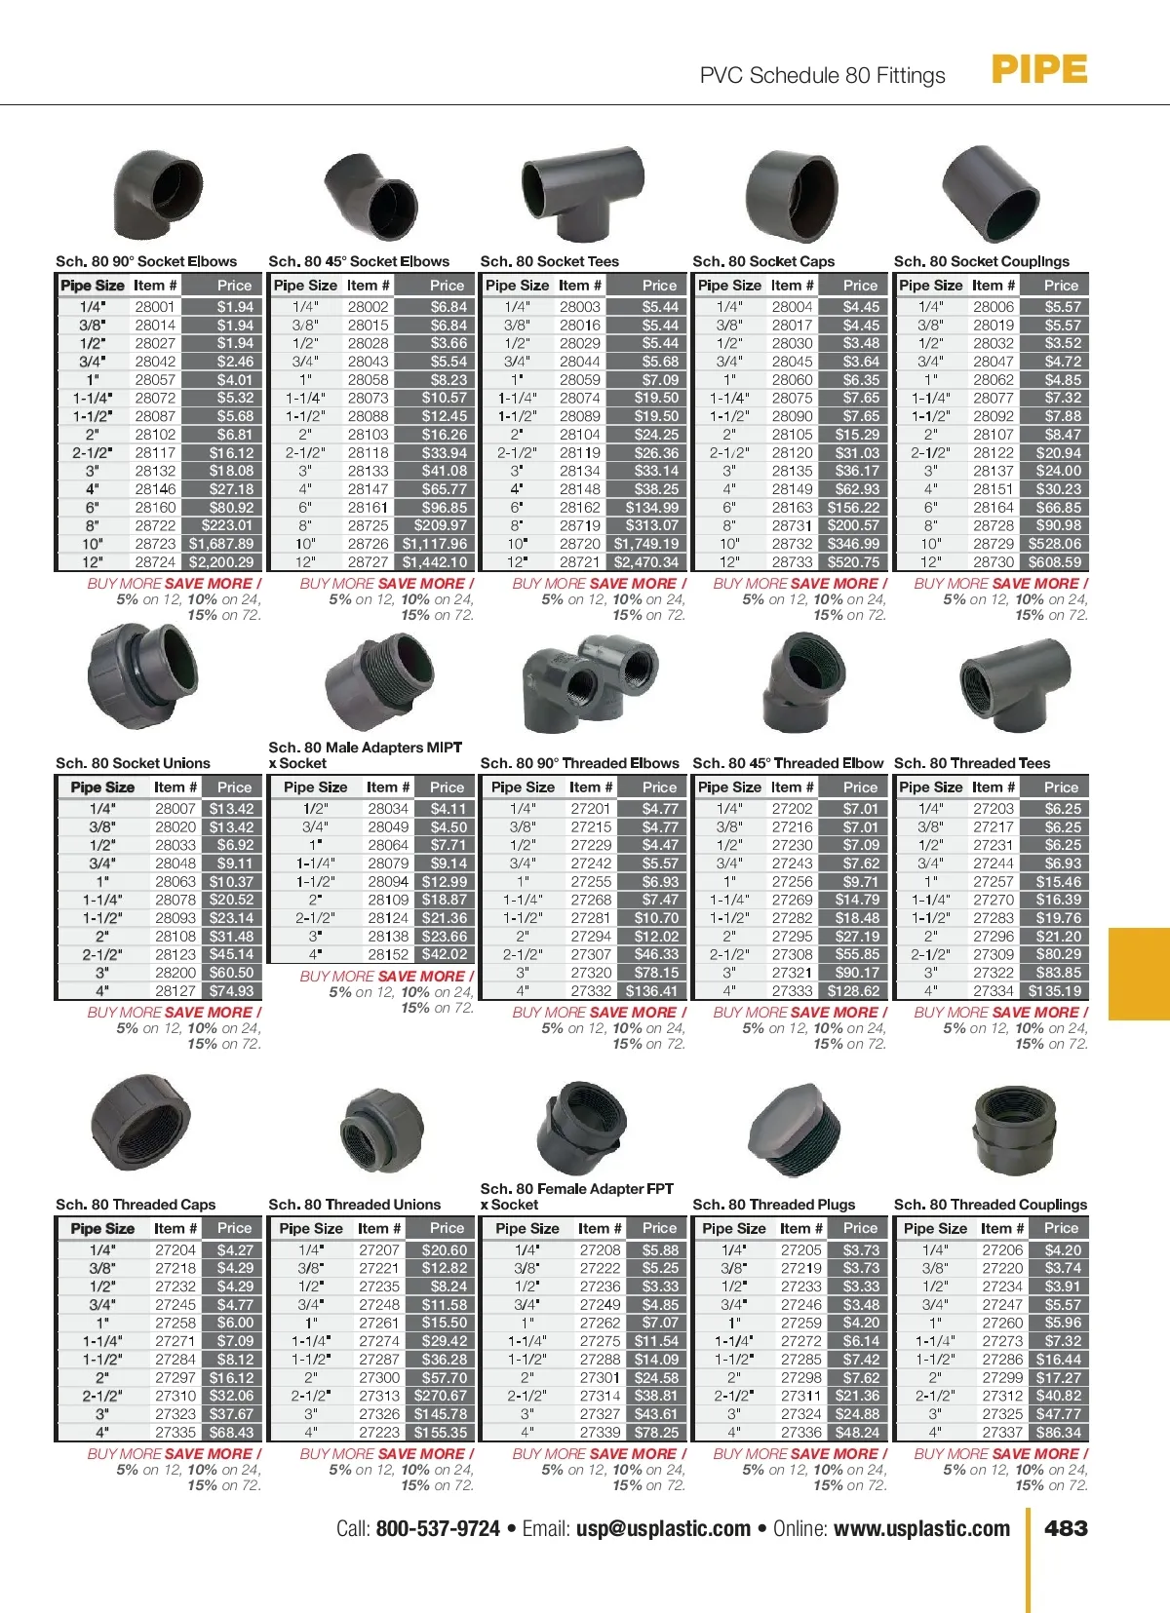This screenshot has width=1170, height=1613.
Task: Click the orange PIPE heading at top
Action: click(1038, 70)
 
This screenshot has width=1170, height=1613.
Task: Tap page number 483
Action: click(1066, 1528)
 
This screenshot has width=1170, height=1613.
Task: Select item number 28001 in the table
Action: click(155, 307)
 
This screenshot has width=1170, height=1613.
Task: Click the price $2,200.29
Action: click(221, 562)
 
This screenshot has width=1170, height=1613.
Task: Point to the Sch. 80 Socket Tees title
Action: click(550, 261)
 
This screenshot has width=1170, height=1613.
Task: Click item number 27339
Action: click(600, 1433)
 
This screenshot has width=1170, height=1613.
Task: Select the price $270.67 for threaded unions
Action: click(441, 1396)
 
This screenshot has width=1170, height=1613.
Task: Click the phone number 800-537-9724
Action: click(438, 1528)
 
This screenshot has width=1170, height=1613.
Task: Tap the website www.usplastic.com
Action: click(921, 1528)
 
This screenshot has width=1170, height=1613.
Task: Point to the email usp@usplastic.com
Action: click(663, 1528)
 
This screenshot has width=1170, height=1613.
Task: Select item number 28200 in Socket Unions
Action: click(175, 973)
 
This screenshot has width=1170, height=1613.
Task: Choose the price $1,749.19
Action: click(646, 544)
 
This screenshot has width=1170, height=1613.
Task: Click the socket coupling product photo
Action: click(991, 194)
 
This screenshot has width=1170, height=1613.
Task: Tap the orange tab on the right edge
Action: click(1140, 973)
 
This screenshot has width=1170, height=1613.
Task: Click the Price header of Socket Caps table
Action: click(860, 286)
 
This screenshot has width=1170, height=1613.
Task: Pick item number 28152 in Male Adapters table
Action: click(388, 955)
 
